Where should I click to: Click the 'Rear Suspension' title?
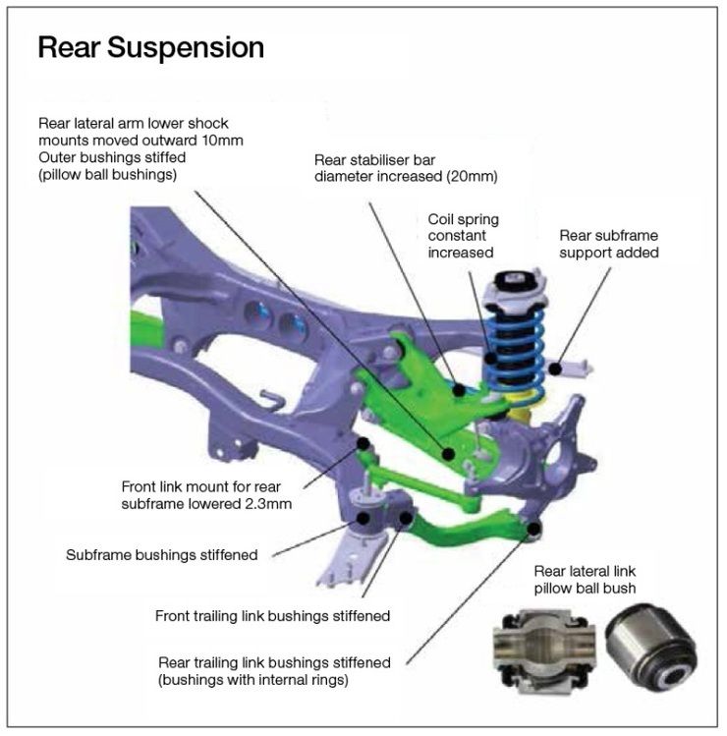tap(150, 48)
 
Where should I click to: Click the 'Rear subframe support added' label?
tap(608, 244)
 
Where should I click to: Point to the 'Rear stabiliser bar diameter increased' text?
tap(407, 168)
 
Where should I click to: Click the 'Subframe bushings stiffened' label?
tap(162, 554)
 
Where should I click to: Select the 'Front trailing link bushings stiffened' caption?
tap(273, 616)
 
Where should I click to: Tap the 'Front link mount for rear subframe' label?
tap(208, 494)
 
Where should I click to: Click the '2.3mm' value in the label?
tap(271, 503)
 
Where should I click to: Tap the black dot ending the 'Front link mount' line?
tap(364, 445)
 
